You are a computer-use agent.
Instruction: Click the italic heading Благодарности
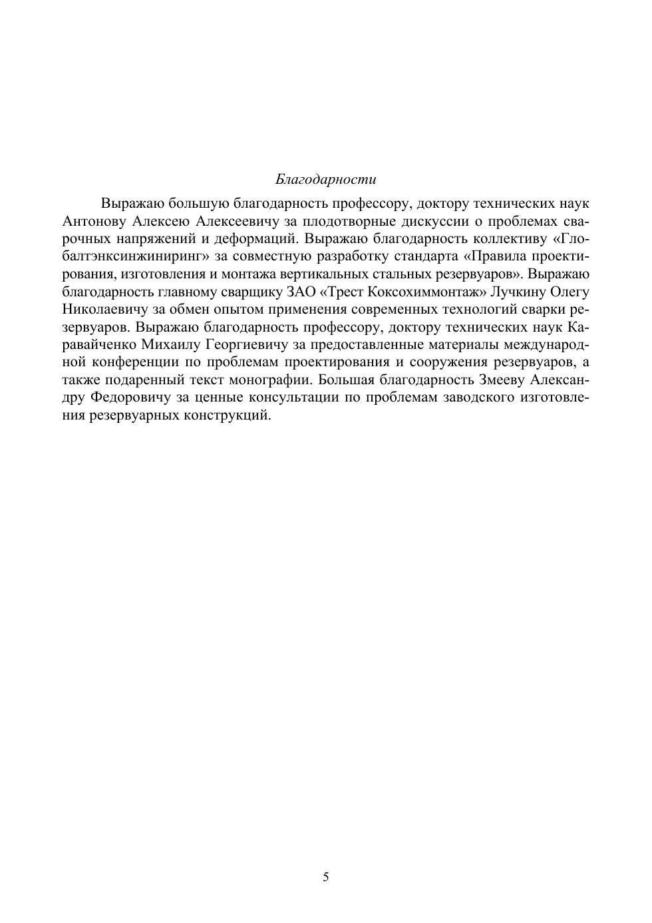tap(325, 179)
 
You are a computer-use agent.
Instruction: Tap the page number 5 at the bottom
tap(326, 877)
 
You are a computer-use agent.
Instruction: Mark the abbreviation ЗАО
tap(301, 292)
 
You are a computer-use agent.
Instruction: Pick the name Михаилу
tap(169, 345)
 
